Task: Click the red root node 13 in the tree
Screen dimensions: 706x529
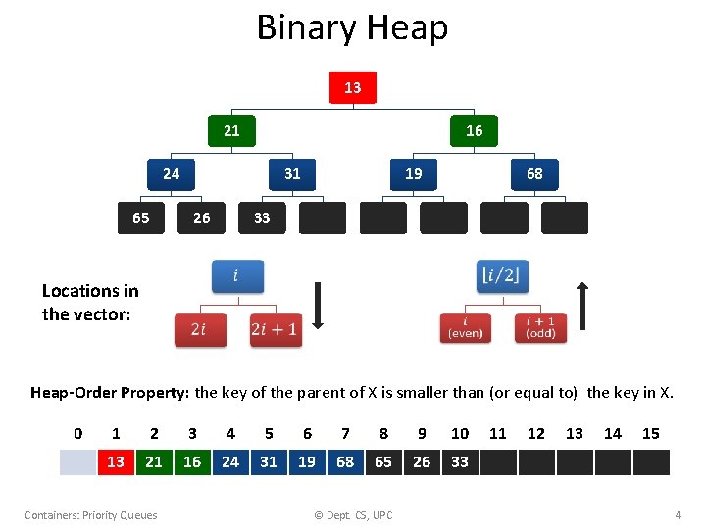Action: click(352, 88)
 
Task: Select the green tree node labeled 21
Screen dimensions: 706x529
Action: click(231, 130)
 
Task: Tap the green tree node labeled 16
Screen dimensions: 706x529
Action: click(474, 130)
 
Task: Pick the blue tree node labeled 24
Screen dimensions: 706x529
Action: click(171, 174)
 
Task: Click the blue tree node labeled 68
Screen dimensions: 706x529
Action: click(534, 174)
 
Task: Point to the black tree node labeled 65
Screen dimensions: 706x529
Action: click(141, 217)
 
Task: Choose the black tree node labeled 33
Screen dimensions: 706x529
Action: click(262, 217)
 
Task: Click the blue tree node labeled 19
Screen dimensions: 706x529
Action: click(414, 174)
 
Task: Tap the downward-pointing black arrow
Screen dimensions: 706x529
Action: click(318, 306)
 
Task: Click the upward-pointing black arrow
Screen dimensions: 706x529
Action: click(583, 306)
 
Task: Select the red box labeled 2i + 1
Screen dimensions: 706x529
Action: click(275, 330)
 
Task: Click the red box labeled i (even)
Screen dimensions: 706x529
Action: click(465, 328)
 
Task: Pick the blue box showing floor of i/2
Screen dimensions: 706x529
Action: click(502, 276)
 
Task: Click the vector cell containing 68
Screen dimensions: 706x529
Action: click(345, 461)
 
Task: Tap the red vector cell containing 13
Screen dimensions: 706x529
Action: click(116, 461)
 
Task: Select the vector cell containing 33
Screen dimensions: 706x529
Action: click(460, 461)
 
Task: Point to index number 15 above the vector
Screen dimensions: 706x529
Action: click(650, 433)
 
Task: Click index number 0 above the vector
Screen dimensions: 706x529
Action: click(78, 433)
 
